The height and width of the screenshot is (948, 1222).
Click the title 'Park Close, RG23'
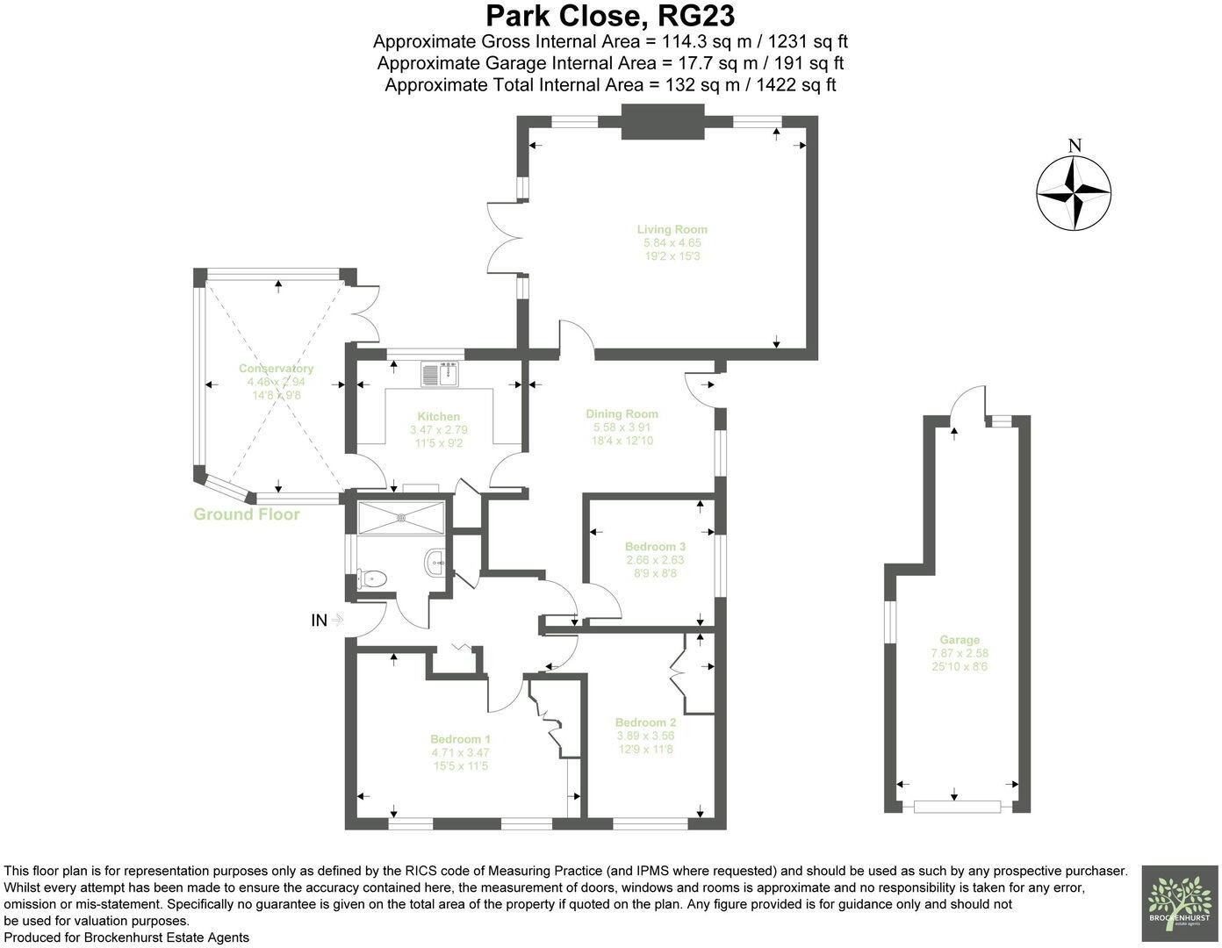point(610,16)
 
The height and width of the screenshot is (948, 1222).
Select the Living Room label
point(672,230)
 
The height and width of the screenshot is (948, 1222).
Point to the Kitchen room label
point(438,417)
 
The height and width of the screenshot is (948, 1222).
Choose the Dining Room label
point(622,414)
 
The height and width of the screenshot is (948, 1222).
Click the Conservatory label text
point(276,369)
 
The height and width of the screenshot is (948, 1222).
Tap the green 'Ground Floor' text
point(247,515)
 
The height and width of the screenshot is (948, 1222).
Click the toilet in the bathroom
point(372,578)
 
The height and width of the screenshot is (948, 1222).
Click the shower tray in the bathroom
point(401,517)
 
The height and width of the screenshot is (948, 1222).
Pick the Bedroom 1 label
point(460,739)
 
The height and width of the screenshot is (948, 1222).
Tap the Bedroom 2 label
point(645,723)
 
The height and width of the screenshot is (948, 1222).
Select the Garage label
point(959,640)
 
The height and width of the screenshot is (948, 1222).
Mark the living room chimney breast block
point(663,121)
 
